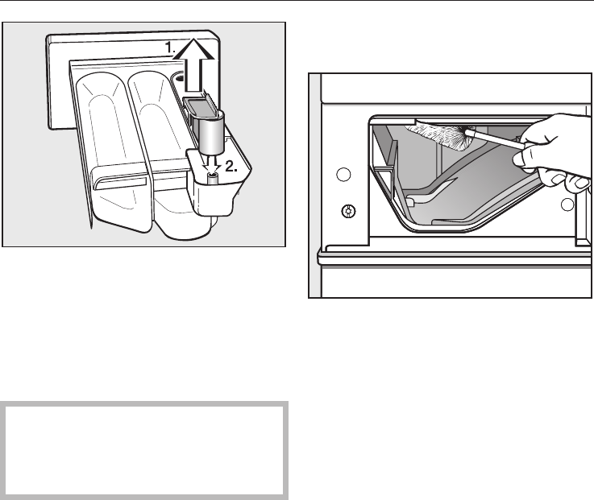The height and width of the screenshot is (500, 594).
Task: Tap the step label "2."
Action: [232, 167]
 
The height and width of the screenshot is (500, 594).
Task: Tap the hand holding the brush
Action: [556, 145]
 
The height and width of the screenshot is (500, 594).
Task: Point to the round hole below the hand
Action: [568, 205]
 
